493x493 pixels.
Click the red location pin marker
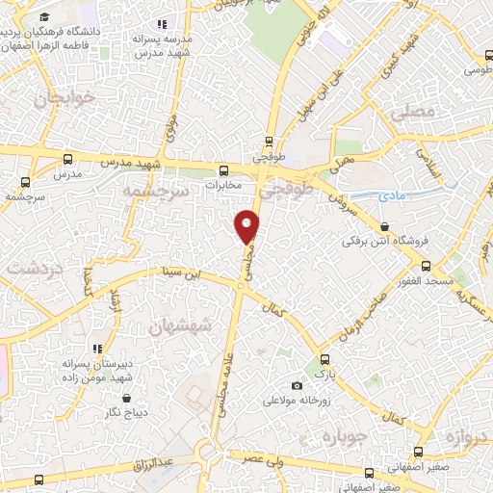pos(247,226)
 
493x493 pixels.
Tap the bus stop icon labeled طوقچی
pos(269,141)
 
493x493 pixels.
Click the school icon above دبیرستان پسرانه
pos(96,349)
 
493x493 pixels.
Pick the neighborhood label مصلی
pos(414,112)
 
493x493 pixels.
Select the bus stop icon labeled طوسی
pos(453,69)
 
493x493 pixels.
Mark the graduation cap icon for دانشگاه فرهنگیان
pos(45,17)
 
